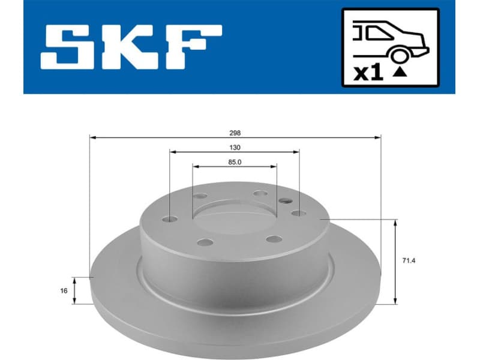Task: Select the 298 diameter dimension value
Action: [x=235, y=133]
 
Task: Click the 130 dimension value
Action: [x=235, y=148]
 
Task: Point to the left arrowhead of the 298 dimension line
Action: [x=92, y=138]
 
